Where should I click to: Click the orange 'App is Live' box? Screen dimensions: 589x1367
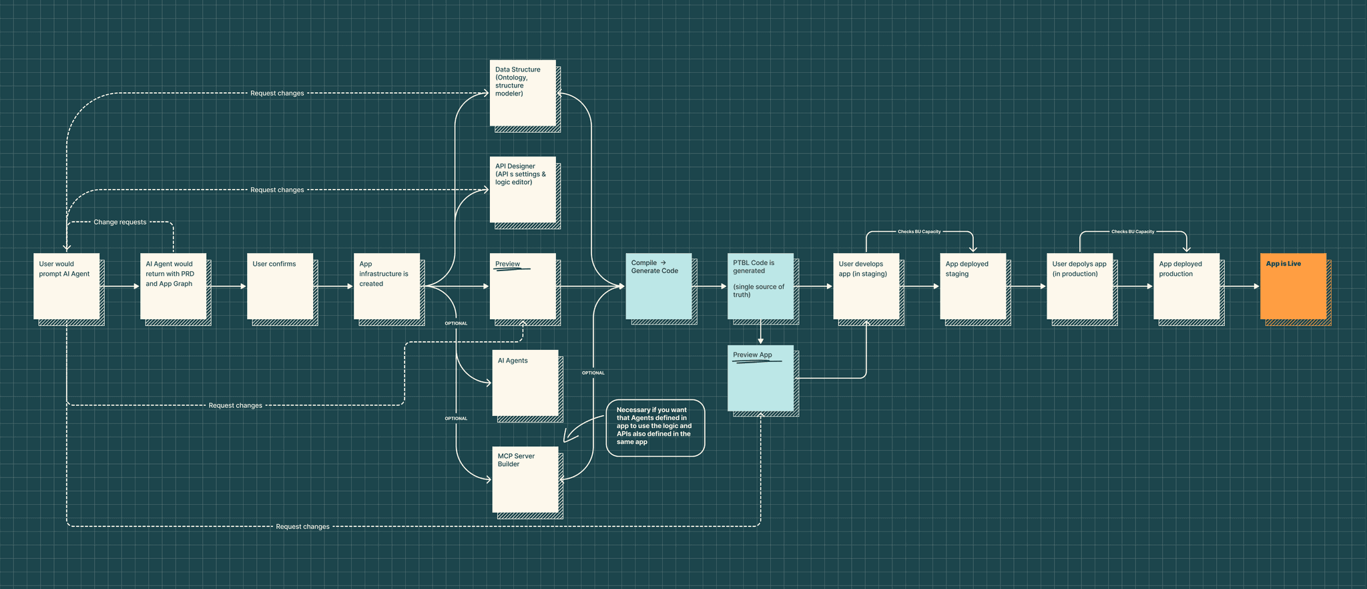[x=1293, y=286]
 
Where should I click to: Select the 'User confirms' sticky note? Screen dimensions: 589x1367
[x=280, y=286]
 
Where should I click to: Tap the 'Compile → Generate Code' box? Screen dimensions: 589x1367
[x=658, y=286]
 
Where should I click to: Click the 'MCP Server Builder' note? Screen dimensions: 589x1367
[x=525, y=479]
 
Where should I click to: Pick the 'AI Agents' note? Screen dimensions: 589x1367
[x=525, y=383]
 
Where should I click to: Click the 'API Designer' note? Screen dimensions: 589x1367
[x=523, y=190]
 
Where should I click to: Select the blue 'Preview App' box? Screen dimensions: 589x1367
[x=760, y=378]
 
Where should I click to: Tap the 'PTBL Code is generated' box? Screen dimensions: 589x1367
[x=760, y=286]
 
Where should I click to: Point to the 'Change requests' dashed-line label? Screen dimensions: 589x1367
[x=120, y=222]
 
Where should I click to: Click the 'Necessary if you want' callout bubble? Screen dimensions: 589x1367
[x=655, y=427]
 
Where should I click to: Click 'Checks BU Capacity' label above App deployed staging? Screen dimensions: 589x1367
[x=919, y=232]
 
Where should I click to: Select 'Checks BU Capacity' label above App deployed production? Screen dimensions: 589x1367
[x=1133, y=232]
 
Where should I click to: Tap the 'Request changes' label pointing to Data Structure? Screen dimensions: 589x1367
[x=277, y=93]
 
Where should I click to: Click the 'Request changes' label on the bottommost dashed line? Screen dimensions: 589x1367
[x=303, y=527]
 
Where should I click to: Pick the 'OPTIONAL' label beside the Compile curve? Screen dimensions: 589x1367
[x=593, y=373]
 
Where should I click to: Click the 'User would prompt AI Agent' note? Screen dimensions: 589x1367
[x=66, y=286]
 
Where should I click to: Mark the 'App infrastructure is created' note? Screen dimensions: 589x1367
[x=386, y=286]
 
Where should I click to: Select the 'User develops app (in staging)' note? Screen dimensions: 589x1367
[x=866, y=286]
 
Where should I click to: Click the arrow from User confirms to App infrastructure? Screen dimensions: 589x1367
[x=334, y=286]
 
